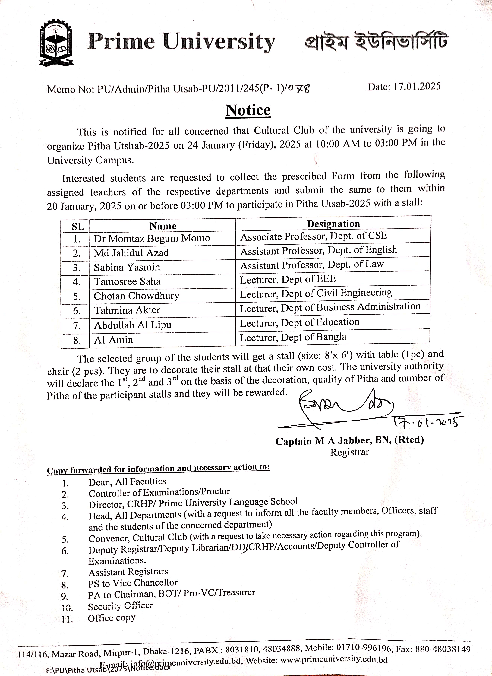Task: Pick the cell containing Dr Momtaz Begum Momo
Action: click(152, 238)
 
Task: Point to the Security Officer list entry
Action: click(120, 606)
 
